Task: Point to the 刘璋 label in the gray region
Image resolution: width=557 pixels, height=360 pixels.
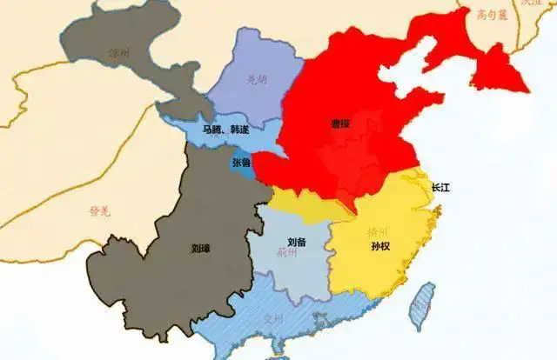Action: point(200,247)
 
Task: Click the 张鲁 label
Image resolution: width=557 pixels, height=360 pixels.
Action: point(243,163)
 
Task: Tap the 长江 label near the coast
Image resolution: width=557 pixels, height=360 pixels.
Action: point(443,187)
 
